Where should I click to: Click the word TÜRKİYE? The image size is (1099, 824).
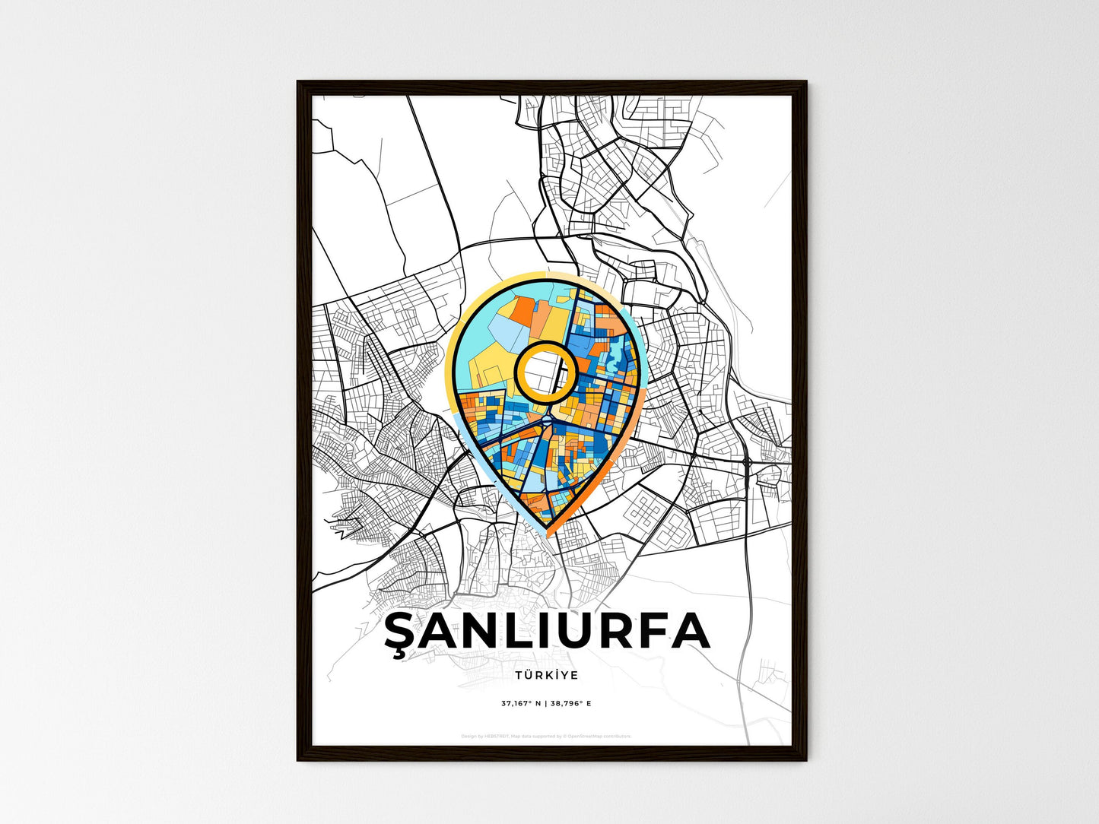[546, 675]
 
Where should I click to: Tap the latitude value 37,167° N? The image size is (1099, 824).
[520, 703]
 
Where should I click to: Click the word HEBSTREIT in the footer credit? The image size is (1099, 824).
[497, 737]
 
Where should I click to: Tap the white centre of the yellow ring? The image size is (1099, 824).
[543, 372]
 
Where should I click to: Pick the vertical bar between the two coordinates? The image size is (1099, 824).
[545, 703]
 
